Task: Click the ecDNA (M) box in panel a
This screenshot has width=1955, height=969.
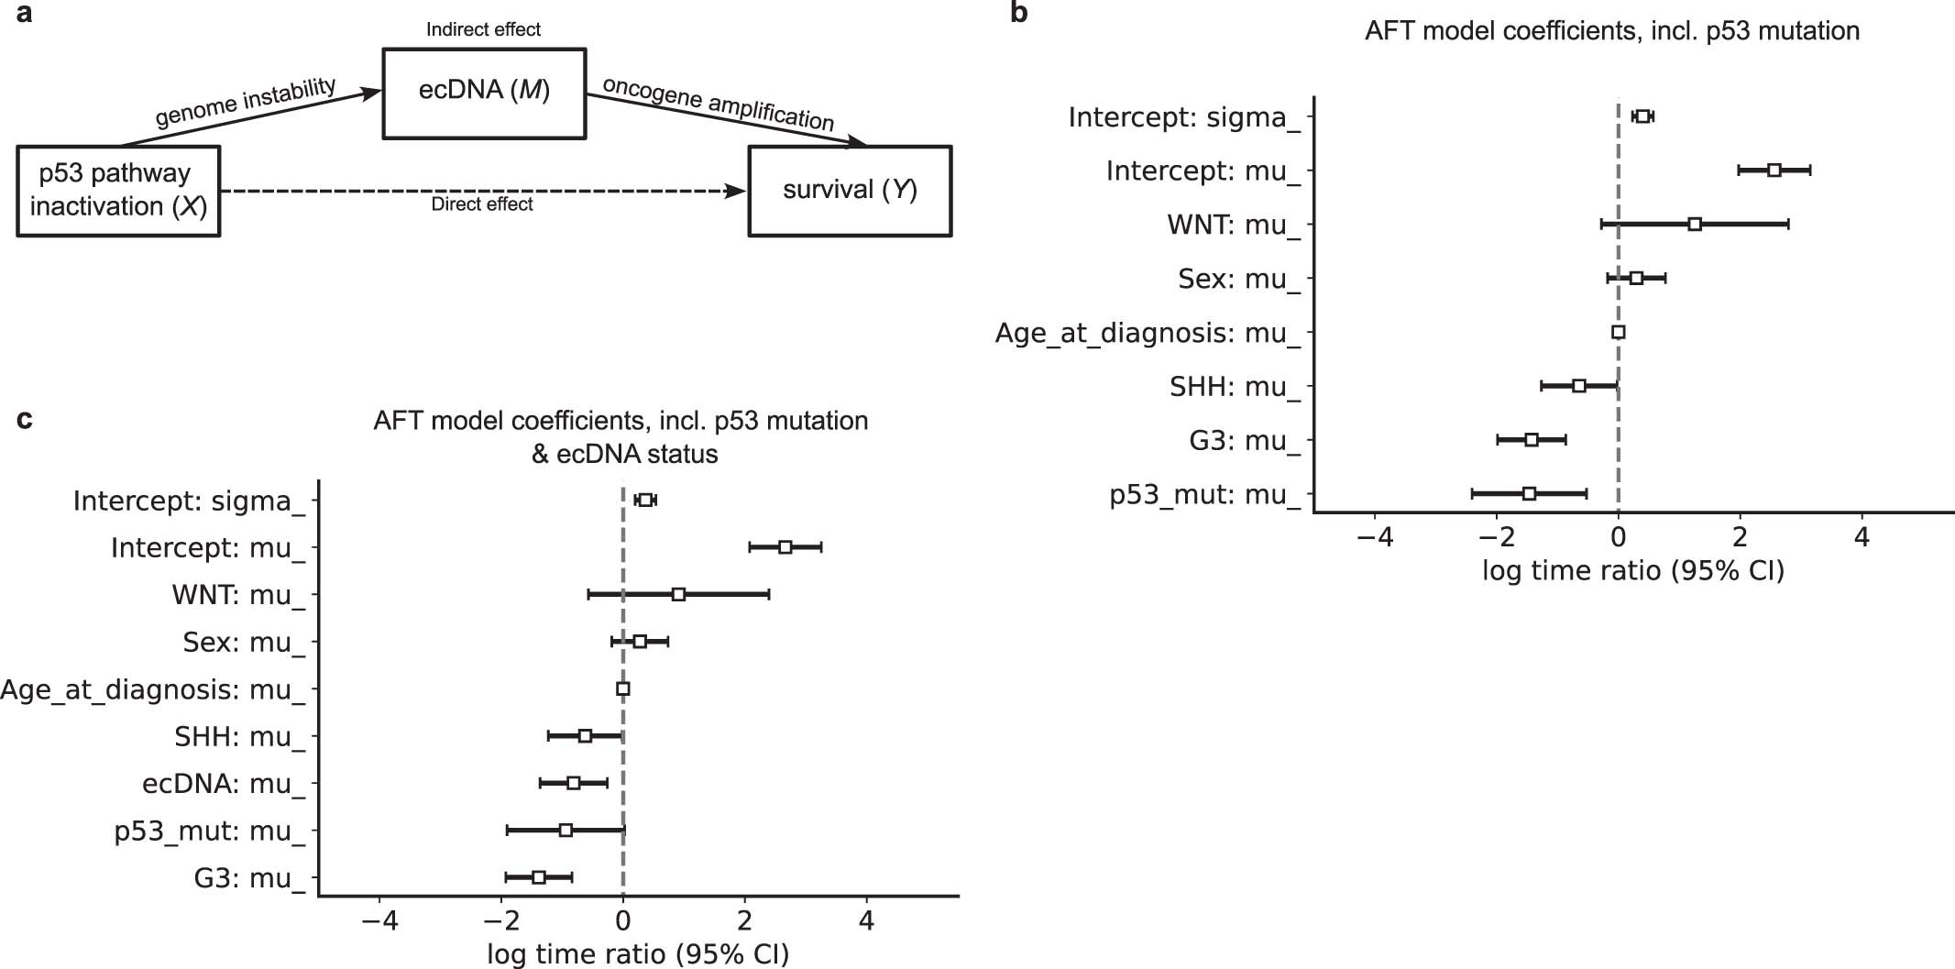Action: pos(483,93)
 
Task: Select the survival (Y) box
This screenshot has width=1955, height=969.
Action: pos(850,191)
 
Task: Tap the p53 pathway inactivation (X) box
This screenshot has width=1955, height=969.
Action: pos(118,191)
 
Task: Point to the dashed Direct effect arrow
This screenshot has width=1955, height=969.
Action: pos(484,191)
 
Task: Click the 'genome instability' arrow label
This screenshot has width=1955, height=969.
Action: pos(245,102)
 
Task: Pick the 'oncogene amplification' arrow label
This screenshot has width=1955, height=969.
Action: pos(719,104)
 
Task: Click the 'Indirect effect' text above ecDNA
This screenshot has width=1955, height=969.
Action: pos(483,29)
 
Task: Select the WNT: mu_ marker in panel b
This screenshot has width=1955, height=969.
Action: pos(1695,225)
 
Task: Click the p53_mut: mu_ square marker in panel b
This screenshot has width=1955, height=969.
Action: pos(1529,494)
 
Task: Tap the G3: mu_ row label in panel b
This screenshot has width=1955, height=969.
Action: pos(1244,441)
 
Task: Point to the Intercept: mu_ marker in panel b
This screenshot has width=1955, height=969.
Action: pos(1774,171)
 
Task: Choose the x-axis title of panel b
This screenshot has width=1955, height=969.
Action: pos(1633,572)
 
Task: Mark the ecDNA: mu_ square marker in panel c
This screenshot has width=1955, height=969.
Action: pos(574,783)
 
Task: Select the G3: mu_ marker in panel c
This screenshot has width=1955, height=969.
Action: pos(539,877)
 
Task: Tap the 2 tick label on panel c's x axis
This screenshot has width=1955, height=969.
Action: pos(745,919)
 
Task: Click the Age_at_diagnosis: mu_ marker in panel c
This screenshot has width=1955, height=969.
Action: pos(623,688)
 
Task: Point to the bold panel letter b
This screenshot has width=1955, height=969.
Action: pos(1018,14)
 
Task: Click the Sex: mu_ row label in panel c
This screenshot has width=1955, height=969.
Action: pos(243,643)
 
